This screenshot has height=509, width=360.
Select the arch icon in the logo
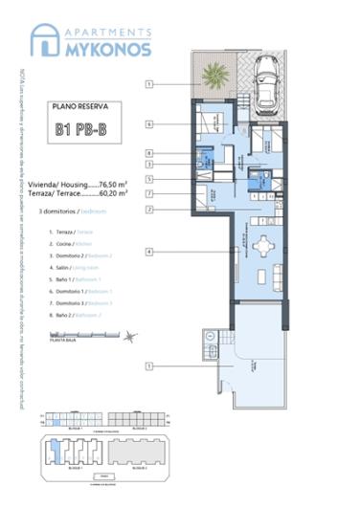pos(44,39)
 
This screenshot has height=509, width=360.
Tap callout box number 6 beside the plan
pos(150,124)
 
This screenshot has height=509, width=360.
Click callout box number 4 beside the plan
pos(150,252)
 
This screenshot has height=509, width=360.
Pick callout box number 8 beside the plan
pos(150,152)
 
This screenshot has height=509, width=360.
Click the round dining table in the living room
pos(261,247)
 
